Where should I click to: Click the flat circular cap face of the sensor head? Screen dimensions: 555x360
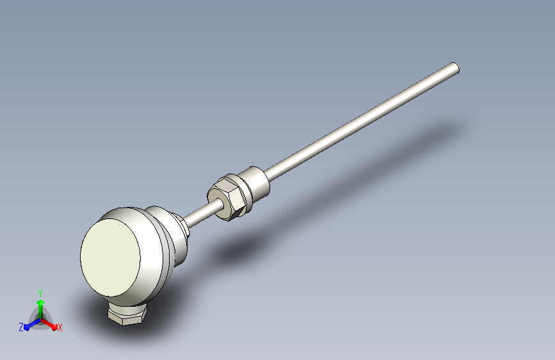[111, 258]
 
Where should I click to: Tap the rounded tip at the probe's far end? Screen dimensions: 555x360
[456, 68]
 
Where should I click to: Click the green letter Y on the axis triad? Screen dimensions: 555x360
[40, 293]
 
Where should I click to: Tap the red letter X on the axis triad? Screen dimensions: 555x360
[60, 328]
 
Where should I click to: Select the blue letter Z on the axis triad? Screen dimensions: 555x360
[21, 327]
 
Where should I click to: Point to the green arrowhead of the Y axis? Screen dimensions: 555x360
[40, 303]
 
